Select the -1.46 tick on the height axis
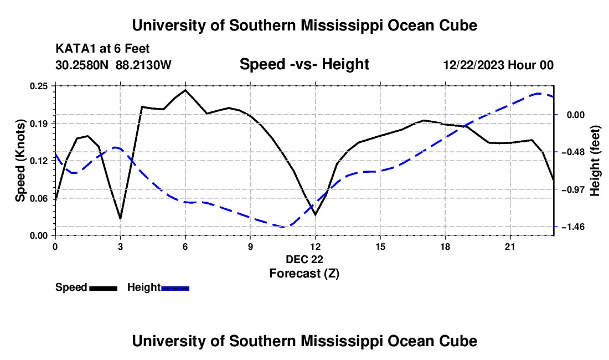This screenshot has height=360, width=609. click(573, 227)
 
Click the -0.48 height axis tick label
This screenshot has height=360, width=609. click(573, 152)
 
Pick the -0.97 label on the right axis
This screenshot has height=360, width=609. click(573, 189)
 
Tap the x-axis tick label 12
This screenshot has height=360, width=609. click(316, 246)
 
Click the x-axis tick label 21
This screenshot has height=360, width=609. click(510, 246)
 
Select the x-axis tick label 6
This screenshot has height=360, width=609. click(185, 246)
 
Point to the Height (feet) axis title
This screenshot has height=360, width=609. click(595, 161)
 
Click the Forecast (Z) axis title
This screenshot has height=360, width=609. click(304, 274)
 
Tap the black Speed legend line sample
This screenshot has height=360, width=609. click(104, 289)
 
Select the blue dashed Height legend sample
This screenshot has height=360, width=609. click(175, 289)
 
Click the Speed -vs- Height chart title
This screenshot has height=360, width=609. click(304, 64)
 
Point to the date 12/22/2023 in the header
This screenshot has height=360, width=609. click(474, 65)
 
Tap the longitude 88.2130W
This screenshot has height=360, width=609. click(143, 65)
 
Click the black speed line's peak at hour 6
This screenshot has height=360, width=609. click(185, 90)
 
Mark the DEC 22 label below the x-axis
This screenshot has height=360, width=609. click(304, 259)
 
